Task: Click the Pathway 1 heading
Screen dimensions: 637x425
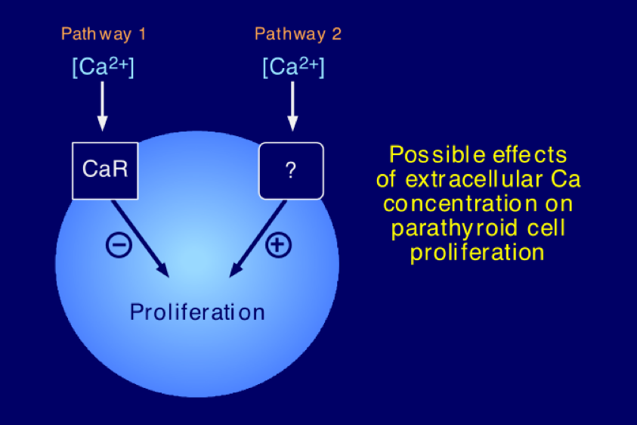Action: tap(104, 34)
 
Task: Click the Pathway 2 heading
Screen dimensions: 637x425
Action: tap(298, 34)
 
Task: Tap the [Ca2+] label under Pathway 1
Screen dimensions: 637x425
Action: tap(103, 67)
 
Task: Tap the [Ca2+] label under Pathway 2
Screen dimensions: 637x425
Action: tap(293, 67)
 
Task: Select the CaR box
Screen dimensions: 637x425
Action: tap(105, 171)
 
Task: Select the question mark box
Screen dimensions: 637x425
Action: tap(291, 171)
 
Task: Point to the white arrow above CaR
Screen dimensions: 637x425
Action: tap(102, 106)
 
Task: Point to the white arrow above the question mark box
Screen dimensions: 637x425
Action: tap(292, 106)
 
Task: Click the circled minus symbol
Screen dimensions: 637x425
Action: tap(119, 245)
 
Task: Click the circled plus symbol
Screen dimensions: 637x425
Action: tap(278, 245)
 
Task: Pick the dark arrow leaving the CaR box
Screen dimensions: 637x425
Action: tap(141, 239)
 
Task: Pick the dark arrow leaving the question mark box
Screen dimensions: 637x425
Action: tap(258, 239)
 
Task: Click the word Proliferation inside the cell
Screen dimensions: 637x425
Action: tap(197, 312)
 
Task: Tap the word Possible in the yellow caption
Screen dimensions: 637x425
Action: tap(437, 155)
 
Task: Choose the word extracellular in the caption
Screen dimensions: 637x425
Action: tap(474, 179)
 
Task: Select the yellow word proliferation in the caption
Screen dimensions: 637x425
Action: tap(477, 253)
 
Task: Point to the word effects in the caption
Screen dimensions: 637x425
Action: tap(530, 155)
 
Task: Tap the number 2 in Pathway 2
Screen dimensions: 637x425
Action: tap(336, 34)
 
